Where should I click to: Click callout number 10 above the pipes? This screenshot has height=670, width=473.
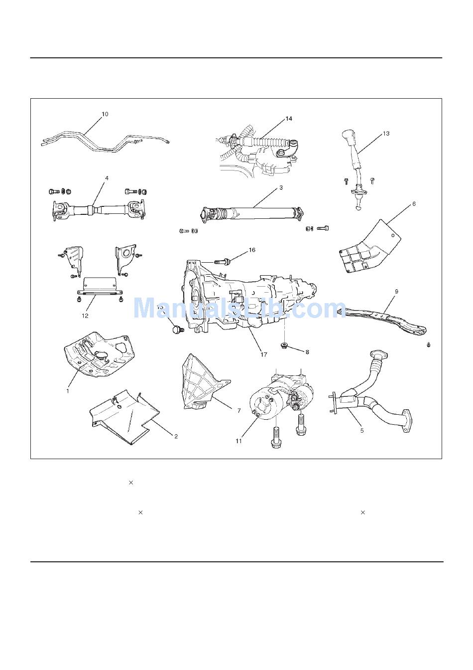click(x=105, y=114)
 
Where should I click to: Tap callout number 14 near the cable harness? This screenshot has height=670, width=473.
click(x=289, y=119)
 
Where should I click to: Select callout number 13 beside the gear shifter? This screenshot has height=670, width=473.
click(x=386, y=134)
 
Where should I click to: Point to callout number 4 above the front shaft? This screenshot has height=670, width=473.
click(x=107, y=178)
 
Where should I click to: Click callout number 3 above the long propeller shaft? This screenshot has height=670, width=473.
click(x=281, y=188)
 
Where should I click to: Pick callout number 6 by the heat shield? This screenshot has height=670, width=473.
click(x=413, y=204)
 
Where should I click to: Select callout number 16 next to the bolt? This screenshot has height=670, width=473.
click(x=252, y=250)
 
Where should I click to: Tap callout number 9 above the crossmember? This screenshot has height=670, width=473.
click(x=396, y=291)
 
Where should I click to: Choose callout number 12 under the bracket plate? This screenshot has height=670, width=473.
click(x=85, y=316)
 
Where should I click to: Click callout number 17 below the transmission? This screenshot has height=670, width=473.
click(x=264, y=355)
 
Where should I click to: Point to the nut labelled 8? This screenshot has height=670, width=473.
click(x=285, y=345)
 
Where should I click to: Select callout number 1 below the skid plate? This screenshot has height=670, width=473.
click(x=68, y=391)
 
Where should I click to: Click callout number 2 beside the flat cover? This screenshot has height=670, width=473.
click(x=176, y=436)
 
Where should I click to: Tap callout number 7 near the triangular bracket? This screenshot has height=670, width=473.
click(x=239, y=410)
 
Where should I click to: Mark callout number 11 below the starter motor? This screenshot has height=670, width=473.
click(x=238, y=441)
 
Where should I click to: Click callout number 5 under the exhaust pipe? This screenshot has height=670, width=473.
click(x=362, y=430)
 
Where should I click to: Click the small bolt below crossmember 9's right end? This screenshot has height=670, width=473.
click(x=429, y=345)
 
